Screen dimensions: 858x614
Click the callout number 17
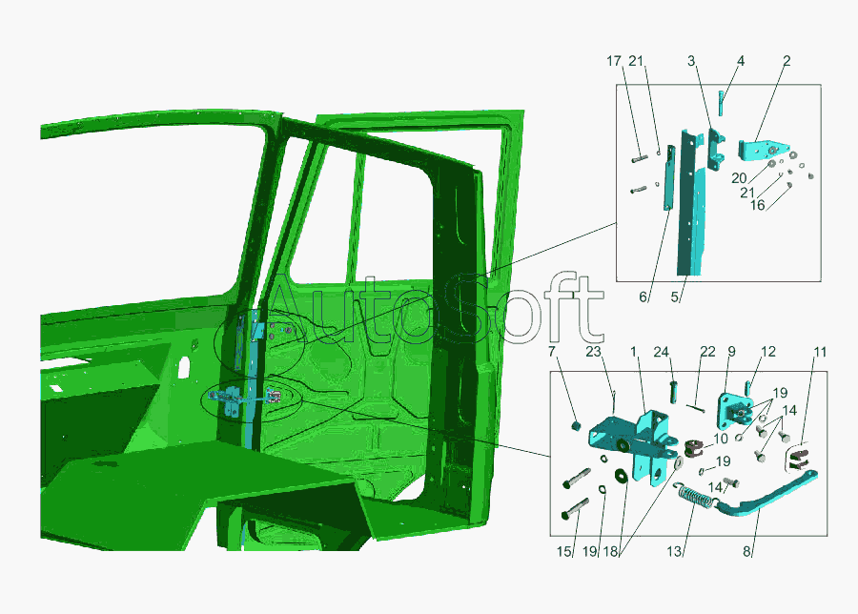point(614,61)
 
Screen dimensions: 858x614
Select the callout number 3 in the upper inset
point(691,61)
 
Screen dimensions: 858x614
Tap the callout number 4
point(741,61)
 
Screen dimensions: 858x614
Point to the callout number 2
point(786,61)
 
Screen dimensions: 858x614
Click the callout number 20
point(739,178)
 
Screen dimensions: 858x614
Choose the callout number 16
point(757,205)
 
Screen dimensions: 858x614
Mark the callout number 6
point(643,297)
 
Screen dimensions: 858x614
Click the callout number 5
point(675,297)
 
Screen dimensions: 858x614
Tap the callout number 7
point(552,351)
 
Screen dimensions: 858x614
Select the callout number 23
point(594,351)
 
